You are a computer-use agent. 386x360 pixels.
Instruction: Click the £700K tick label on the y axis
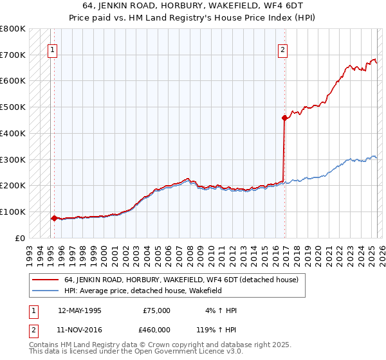[13, 55]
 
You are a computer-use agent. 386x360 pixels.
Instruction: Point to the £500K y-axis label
[13, 107]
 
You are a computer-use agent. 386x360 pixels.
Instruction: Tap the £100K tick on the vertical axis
[13, 212]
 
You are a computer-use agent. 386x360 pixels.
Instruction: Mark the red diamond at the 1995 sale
[54, 218]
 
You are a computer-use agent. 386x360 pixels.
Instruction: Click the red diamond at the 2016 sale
[284, 118]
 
